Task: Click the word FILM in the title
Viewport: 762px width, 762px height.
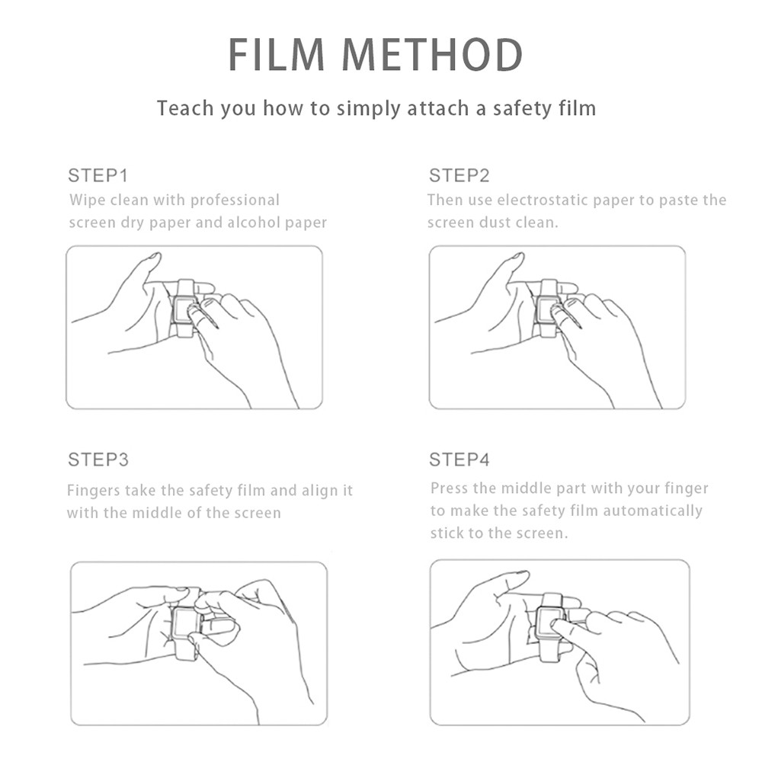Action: pos(276,54)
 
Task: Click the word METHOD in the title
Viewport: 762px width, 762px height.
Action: pos(433,54)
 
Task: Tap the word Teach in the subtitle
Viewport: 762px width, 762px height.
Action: pos(185,108)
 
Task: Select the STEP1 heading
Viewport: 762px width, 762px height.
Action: pos(98,175)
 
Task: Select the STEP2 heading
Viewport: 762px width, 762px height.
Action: pos(459,175)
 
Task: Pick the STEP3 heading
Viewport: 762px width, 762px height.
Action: pos(98,459)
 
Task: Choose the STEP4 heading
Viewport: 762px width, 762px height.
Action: pos(459,459)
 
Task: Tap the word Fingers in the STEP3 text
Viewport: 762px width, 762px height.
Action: pos(93,491)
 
